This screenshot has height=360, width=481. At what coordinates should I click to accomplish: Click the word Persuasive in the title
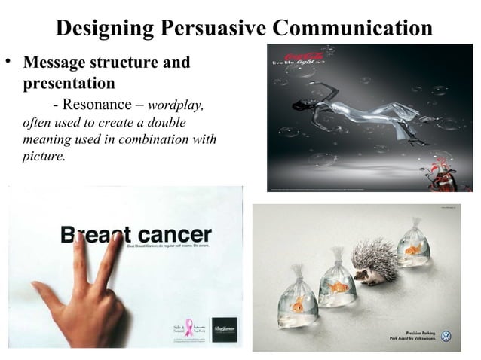pyautogui.click(x=215, y=29)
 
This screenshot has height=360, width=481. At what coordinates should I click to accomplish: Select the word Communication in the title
pyautogui.click(x=353, y=29)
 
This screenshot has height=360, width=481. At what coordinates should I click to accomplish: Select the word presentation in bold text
pyautogui.click(x=68, y=82)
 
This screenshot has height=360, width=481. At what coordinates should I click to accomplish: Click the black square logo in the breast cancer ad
pyautogui.click(x=224, y=329)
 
